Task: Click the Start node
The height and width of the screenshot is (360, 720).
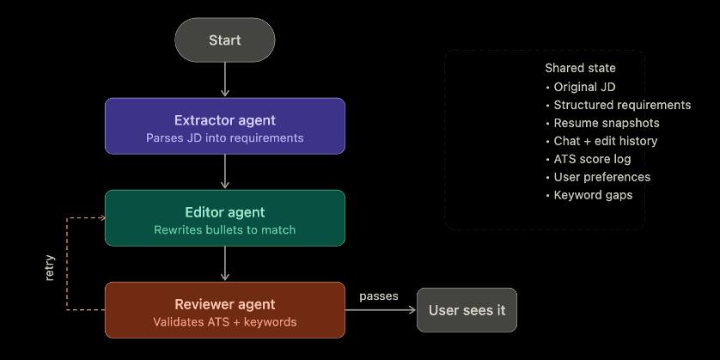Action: (224, 40)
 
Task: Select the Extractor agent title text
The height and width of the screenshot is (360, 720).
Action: (224, 119)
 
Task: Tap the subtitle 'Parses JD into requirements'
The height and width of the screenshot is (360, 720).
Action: (224, 137)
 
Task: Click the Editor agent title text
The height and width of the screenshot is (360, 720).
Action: (224, 212)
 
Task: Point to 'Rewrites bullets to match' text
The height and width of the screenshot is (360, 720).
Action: (224, 230)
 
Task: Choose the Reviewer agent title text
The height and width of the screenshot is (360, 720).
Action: (224, 304)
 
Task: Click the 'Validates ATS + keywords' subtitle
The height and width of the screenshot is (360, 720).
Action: (224, 322)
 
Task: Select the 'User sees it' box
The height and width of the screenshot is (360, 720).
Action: (467, 310)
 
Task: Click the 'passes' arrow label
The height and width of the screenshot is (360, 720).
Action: (379, 296)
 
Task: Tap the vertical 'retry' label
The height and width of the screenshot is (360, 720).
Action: (49, 268)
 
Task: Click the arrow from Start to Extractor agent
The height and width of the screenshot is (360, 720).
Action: (224, 79)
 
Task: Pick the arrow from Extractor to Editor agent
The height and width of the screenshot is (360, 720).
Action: (224, 172)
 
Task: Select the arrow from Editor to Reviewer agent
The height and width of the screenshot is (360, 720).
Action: (224, 264)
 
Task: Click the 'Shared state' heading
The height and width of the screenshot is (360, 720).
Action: (580, 68)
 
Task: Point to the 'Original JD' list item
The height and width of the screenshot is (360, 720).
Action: (584, 87)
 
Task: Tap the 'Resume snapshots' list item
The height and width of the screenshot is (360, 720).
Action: (606, 123)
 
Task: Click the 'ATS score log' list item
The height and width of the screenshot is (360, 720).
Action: (592, 159)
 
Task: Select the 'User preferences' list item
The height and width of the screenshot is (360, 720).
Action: (601, 177)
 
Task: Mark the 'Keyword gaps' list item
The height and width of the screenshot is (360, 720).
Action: (593, 195)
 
